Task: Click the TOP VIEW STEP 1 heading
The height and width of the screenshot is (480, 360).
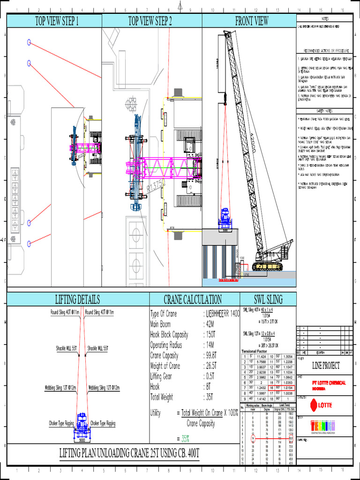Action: click(x=57, y=21)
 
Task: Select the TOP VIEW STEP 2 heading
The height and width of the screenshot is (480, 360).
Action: click(x=150, y=21)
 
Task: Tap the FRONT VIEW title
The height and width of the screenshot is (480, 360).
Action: click(x=252, y=21)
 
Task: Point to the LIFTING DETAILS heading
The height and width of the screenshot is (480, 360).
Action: click(x=77, y=300)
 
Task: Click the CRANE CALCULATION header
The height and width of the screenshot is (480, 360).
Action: click(x=193, y=300)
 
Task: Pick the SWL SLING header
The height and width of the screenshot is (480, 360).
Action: click(x=269, y=300)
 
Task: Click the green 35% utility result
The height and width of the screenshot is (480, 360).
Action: click(x=185, y=439)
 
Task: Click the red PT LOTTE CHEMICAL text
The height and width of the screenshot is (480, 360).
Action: click(x=329, y=383)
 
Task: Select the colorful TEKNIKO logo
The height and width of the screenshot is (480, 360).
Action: click(x=323, y=426)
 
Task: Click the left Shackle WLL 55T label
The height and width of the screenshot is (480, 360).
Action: click(x=64, y=348)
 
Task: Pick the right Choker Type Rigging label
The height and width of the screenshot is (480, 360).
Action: click(x=103, y=423)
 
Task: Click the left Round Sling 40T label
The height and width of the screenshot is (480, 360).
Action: click(x=65, y=312)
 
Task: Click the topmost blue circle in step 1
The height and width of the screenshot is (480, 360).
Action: click(x=29, y=42)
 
